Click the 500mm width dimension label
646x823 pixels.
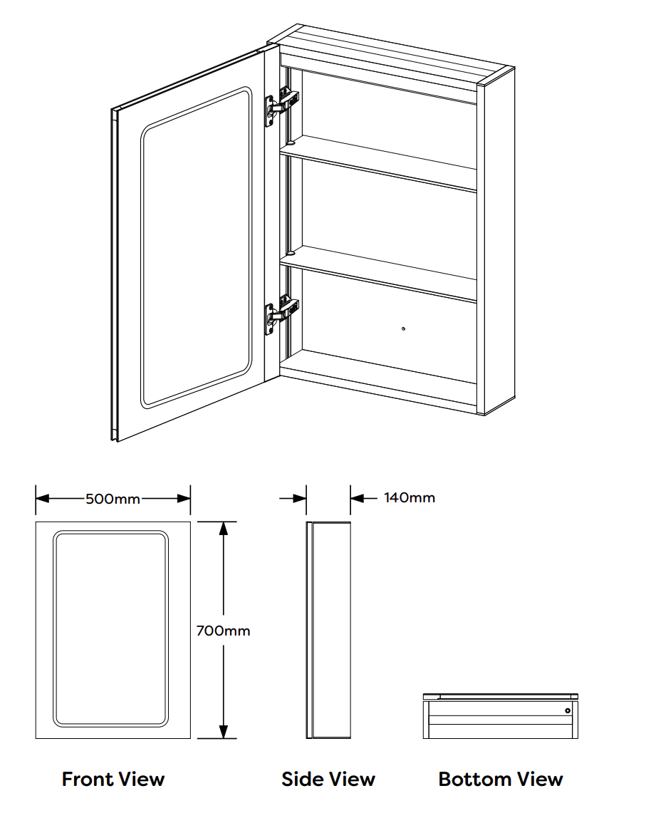pyautogui.click(x=113, y=499)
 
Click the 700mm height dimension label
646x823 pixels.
pyautogui.click(x=223, y=631)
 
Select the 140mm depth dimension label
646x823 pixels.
pyautogui.click(x=409, y=497)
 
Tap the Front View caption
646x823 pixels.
pyautogui.click(x=113, y=779)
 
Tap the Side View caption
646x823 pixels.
pyautogui.click(x=328, y=779)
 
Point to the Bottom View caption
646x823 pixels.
pyautogui.click(x=501, y=779)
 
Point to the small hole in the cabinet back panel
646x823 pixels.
pyautogui.click(x=404, y=328)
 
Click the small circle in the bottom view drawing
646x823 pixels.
pyautogui.click(x=568, y=710)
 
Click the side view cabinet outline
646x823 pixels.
pyautogui.click(x=329, y=631)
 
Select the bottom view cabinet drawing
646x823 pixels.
pyautogui.click(x=500, y=716)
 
